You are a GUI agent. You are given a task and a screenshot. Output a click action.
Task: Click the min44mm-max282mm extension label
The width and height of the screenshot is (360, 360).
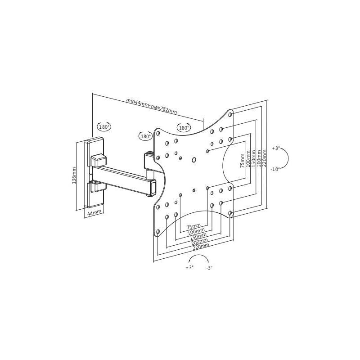pyautogui.click(x=152, y=106)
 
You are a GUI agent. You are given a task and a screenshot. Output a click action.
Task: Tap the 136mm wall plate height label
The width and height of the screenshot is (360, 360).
pyautogui.click(x=74, y=175)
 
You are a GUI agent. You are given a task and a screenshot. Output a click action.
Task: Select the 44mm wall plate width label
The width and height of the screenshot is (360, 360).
pyautogui.click(x=94, y=212)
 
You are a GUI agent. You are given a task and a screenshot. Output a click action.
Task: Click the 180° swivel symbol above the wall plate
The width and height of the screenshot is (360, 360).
pyautogui.click(x=104, y=126)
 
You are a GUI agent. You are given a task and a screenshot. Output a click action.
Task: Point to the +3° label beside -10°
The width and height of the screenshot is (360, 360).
pyautogui.click(x=276, y=148)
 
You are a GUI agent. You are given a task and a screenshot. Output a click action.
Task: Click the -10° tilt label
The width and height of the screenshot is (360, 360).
pyautogui.click(x=275, y=170)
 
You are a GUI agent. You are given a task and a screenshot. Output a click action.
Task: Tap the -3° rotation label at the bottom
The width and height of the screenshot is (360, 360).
pyautogui.click(x=209, y=268)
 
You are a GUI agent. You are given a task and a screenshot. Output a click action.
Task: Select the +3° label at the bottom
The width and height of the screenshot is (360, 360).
pyautogui.click(x=189, y=267)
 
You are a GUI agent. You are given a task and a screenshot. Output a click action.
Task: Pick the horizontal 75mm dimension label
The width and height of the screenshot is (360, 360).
pyautogui.click(x=193, y=227)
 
